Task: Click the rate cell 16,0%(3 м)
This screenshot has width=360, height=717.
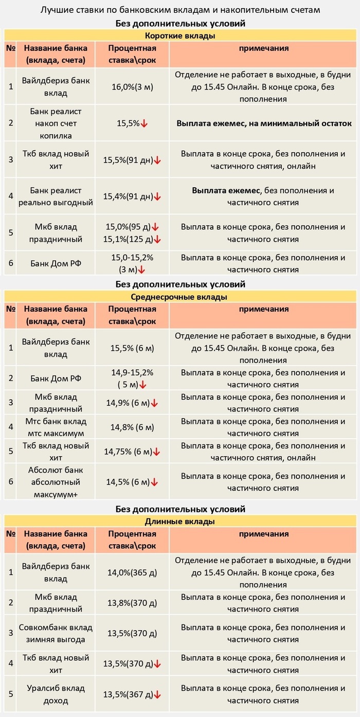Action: [x=132, y=86]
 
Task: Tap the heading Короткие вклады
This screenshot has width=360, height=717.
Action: [x=179, y=35]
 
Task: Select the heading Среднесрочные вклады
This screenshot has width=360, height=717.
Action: [x=179, y=297]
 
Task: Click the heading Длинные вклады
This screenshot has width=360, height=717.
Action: [x=179, y=522]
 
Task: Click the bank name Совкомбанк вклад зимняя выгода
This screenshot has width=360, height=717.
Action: [x=56, y=634]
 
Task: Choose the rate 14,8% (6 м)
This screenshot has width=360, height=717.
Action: [x=132, y=427]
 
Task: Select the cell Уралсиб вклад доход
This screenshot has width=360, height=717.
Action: [x=56, y=694]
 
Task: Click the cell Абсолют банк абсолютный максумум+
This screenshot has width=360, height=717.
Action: [x=56, y=482]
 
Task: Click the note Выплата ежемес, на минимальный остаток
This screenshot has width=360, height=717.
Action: [x=264, y=123]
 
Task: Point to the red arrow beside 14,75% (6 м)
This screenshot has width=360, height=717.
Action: [x=157, y=452]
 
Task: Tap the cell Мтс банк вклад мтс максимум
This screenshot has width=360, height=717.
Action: [x=56, y=427]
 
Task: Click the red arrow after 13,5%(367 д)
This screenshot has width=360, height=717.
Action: [x=157, y=695]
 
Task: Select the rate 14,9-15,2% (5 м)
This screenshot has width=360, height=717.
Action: [x=132, y=379]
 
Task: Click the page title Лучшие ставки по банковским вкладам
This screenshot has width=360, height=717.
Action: [x=179, y=10]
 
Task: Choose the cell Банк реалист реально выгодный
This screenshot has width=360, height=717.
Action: [x=56, y=196]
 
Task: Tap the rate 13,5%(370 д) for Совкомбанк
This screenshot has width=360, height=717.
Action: [x=132, y=633]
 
